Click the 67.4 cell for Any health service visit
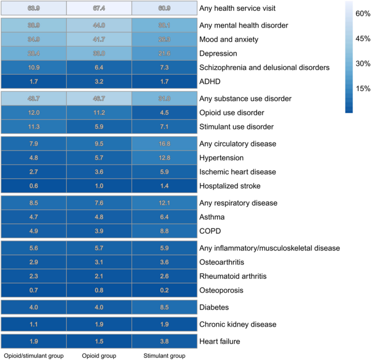click(99, 8)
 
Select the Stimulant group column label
click(164, 356)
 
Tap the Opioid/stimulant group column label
click(34, 356)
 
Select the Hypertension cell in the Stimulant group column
click(164, 158)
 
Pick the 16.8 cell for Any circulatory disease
click(164, 144)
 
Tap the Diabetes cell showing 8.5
click(164, 307)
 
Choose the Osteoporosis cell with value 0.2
click(164, 290)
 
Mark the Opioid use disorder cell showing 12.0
click(34, 113)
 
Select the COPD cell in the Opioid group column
click(99, 231)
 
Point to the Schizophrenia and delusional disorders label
click(264, 68)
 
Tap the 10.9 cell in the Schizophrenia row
click(34, 68)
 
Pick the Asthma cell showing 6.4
click(164, 217)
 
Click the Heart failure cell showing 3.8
click(164, 342)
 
